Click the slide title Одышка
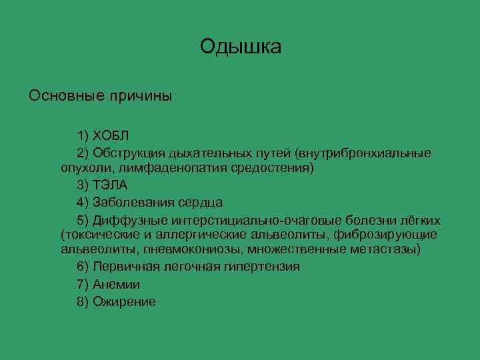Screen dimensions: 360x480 240,47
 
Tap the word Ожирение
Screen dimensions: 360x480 125,301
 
